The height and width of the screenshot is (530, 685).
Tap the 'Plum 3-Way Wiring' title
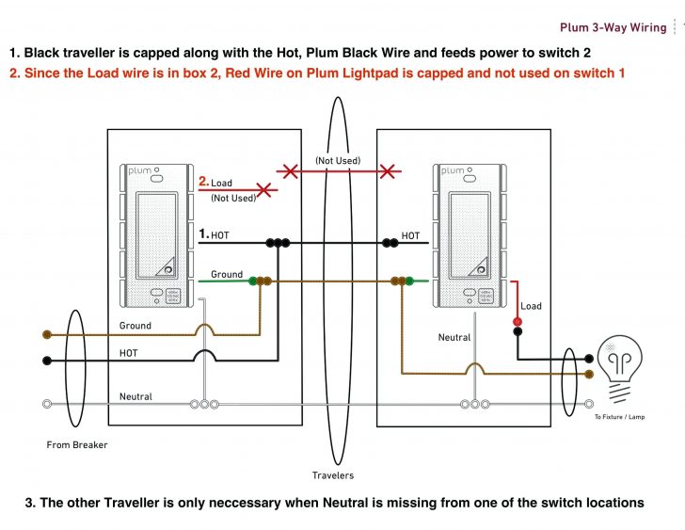(x=613, y=27)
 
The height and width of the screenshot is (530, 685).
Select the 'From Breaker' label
(x=77, y=444)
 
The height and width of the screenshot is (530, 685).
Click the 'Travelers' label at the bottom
(x=333, y=475)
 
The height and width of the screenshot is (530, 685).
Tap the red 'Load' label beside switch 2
(x=532, y=306)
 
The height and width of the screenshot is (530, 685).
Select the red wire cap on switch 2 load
(x=517, y=323)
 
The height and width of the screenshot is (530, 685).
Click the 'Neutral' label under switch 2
(x=454, y=337)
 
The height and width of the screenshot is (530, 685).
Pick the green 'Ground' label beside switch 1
(x=227, y=275)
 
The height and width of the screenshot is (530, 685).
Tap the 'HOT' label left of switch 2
(x=411, y=236)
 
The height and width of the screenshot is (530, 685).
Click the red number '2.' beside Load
(x=203, y=182)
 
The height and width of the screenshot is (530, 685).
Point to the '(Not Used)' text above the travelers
(x=337, y=161)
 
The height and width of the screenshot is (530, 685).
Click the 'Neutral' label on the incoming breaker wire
(x=135, y=397)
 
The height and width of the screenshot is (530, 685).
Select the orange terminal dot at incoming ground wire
(x=46, y=334)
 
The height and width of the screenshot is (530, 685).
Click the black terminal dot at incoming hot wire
(x=46, y=360)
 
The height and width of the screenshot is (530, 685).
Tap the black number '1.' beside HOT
(x=203, y=233)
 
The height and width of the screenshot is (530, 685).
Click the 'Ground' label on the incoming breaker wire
(x=135, y=326)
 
